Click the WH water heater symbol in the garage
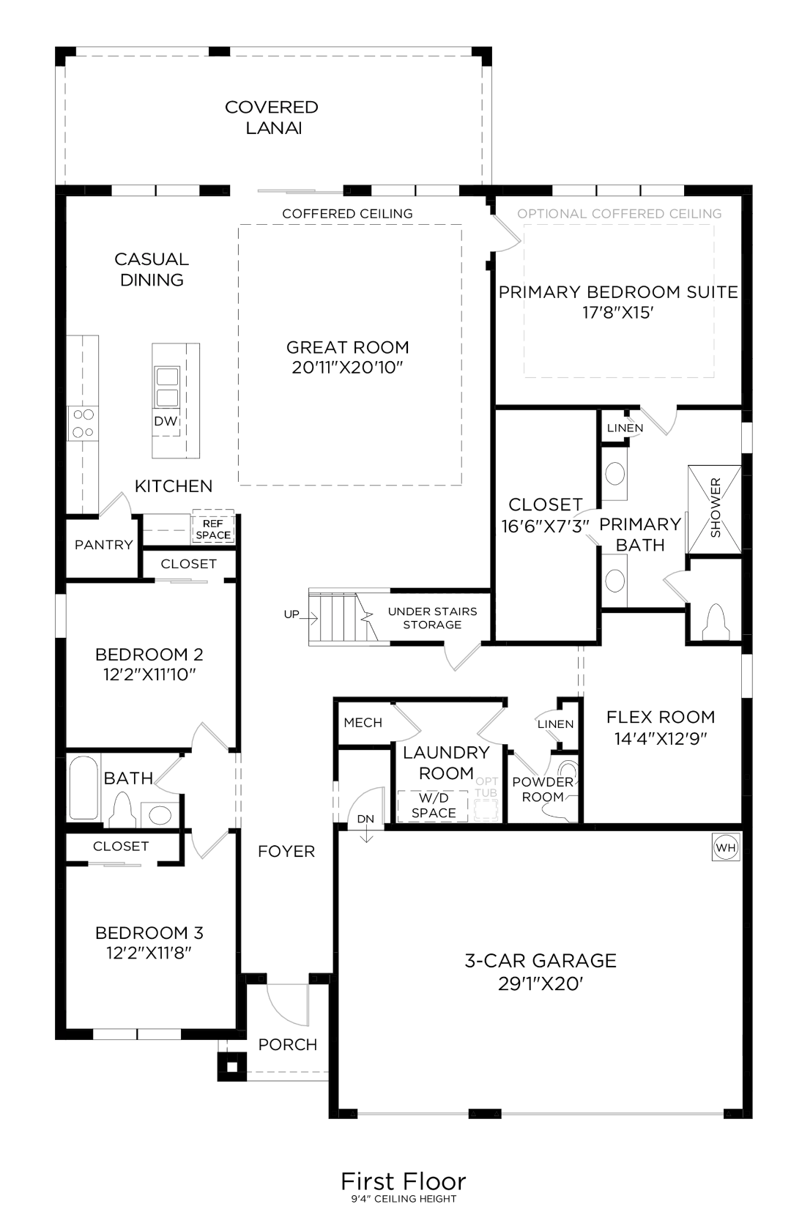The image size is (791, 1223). tap(726, 848)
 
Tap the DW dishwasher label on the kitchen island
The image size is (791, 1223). tap(166, 421)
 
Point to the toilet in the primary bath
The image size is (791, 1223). tap(715, 623)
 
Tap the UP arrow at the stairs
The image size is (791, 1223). tap(292, 614)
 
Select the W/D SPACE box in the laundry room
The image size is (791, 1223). tap(433, 806)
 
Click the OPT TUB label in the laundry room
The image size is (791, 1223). tap(486, 788)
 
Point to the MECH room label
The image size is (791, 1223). tap(363, 723)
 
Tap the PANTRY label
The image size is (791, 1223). tap(103, 545)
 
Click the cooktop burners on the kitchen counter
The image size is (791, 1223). tap(82, 423)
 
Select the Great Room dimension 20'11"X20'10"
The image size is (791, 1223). tap(348, 368)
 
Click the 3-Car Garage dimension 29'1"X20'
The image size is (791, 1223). tap(541, 984)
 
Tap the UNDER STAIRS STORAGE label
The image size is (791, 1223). tap(432, 618)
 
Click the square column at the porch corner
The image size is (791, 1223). tap(232, 1066)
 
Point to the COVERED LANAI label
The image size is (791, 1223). tap(272, 117)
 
